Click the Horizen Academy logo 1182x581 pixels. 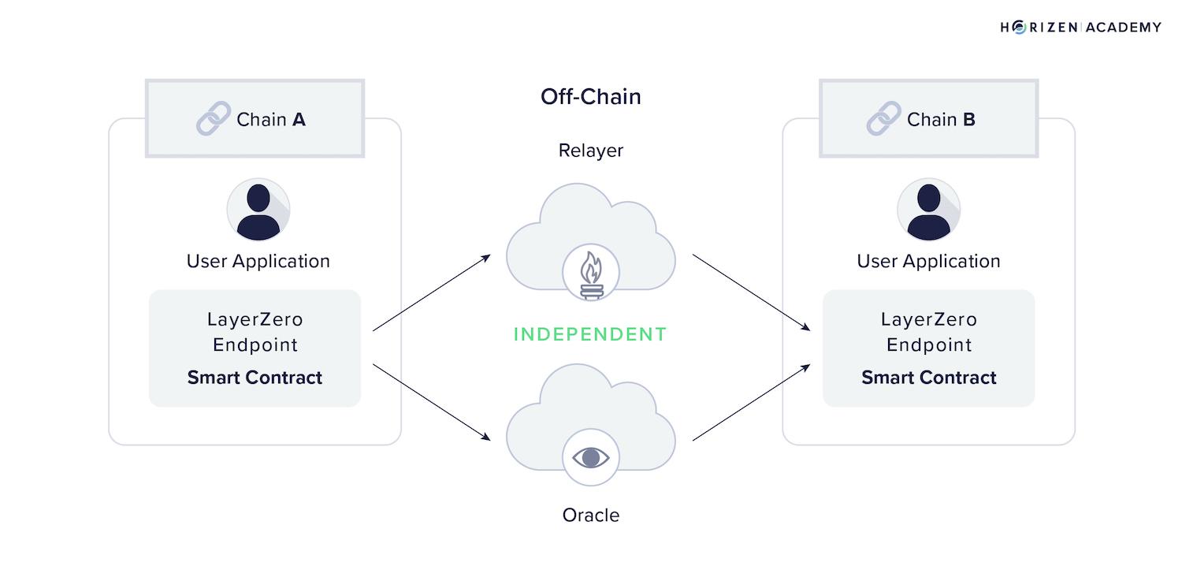[1080, 28]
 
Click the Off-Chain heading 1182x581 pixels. [590, 97]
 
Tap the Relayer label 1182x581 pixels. [590, 151]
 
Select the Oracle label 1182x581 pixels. [590, 516]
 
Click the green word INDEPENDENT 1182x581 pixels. [590, 334]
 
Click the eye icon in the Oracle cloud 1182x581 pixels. [590, 457]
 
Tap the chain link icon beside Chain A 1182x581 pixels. [213, 119]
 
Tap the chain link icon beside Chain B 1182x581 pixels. [883, 119]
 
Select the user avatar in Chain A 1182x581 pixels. [258, 210]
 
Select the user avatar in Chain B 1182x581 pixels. [928, 210]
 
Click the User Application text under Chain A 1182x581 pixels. [258, 262]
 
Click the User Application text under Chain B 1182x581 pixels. [928, 262]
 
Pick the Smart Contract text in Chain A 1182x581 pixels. [255, 378]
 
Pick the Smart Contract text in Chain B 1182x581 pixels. [928, 378]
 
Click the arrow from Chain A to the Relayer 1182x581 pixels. [432, 292]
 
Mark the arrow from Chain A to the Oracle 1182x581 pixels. [432, 402]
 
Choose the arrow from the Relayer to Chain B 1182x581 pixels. [752, 292]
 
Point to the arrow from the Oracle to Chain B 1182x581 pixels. [752, 402]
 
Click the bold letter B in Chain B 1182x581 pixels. [968, 120]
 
